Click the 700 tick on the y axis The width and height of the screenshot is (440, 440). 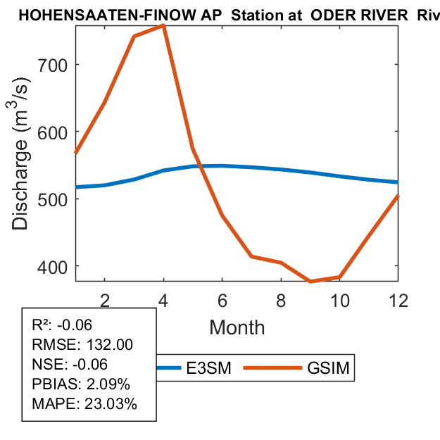pyautogui.click(x=53, y=65)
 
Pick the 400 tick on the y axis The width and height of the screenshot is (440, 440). pyautogui.click(x=53, y=267)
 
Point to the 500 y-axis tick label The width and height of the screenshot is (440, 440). pyautogui.click(x=53, y=199)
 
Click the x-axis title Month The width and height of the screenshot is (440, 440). pyautogui.click(x=237, y=327)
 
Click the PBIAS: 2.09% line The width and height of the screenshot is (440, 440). pyautogui.click(x=81, y=384)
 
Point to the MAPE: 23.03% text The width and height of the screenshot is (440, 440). pyautogui.click(x=84, y=404)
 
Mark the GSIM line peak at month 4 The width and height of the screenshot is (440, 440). pyautogui.click(x=163, y=25)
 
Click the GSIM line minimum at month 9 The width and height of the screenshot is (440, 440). pyautogui.click(x=310, y=281)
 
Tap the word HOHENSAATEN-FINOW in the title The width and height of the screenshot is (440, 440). pyautogui.click(x=89, y=15)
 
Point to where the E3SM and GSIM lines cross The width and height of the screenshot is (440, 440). pyautogui.click(x=200, y=166)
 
